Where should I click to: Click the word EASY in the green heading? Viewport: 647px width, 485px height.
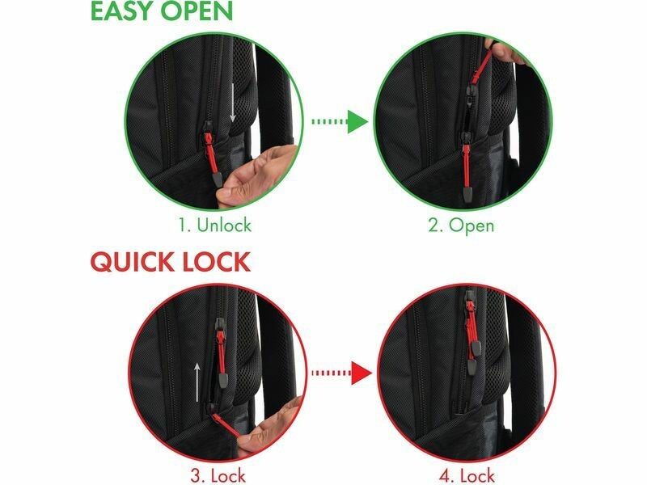[122, 11]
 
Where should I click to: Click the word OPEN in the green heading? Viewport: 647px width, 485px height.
[197, 11]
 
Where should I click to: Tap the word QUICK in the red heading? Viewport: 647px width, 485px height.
[133, 261]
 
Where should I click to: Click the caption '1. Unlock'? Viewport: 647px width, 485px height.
[214, 225]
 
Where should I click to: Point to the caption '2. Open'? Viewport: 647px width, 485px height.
[461, 226]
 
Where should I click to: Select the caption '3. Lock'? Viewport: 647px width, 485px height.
[218, 475]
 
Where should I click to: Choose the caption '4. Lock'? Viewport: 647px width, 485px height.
[467, 475]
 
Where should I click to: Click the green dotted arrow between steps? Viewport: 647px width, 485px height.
[340, 121]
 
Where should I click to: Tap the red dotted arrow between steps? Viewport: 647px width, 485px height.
[341, 373]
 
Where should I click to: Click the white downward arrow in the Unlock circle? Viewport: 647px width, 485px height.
[233, 103]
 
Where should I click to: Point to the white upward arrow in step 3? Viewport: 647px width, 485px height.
[197, 382]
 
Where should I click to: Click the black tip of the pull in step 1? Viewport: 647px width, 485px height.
[217, 179]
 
